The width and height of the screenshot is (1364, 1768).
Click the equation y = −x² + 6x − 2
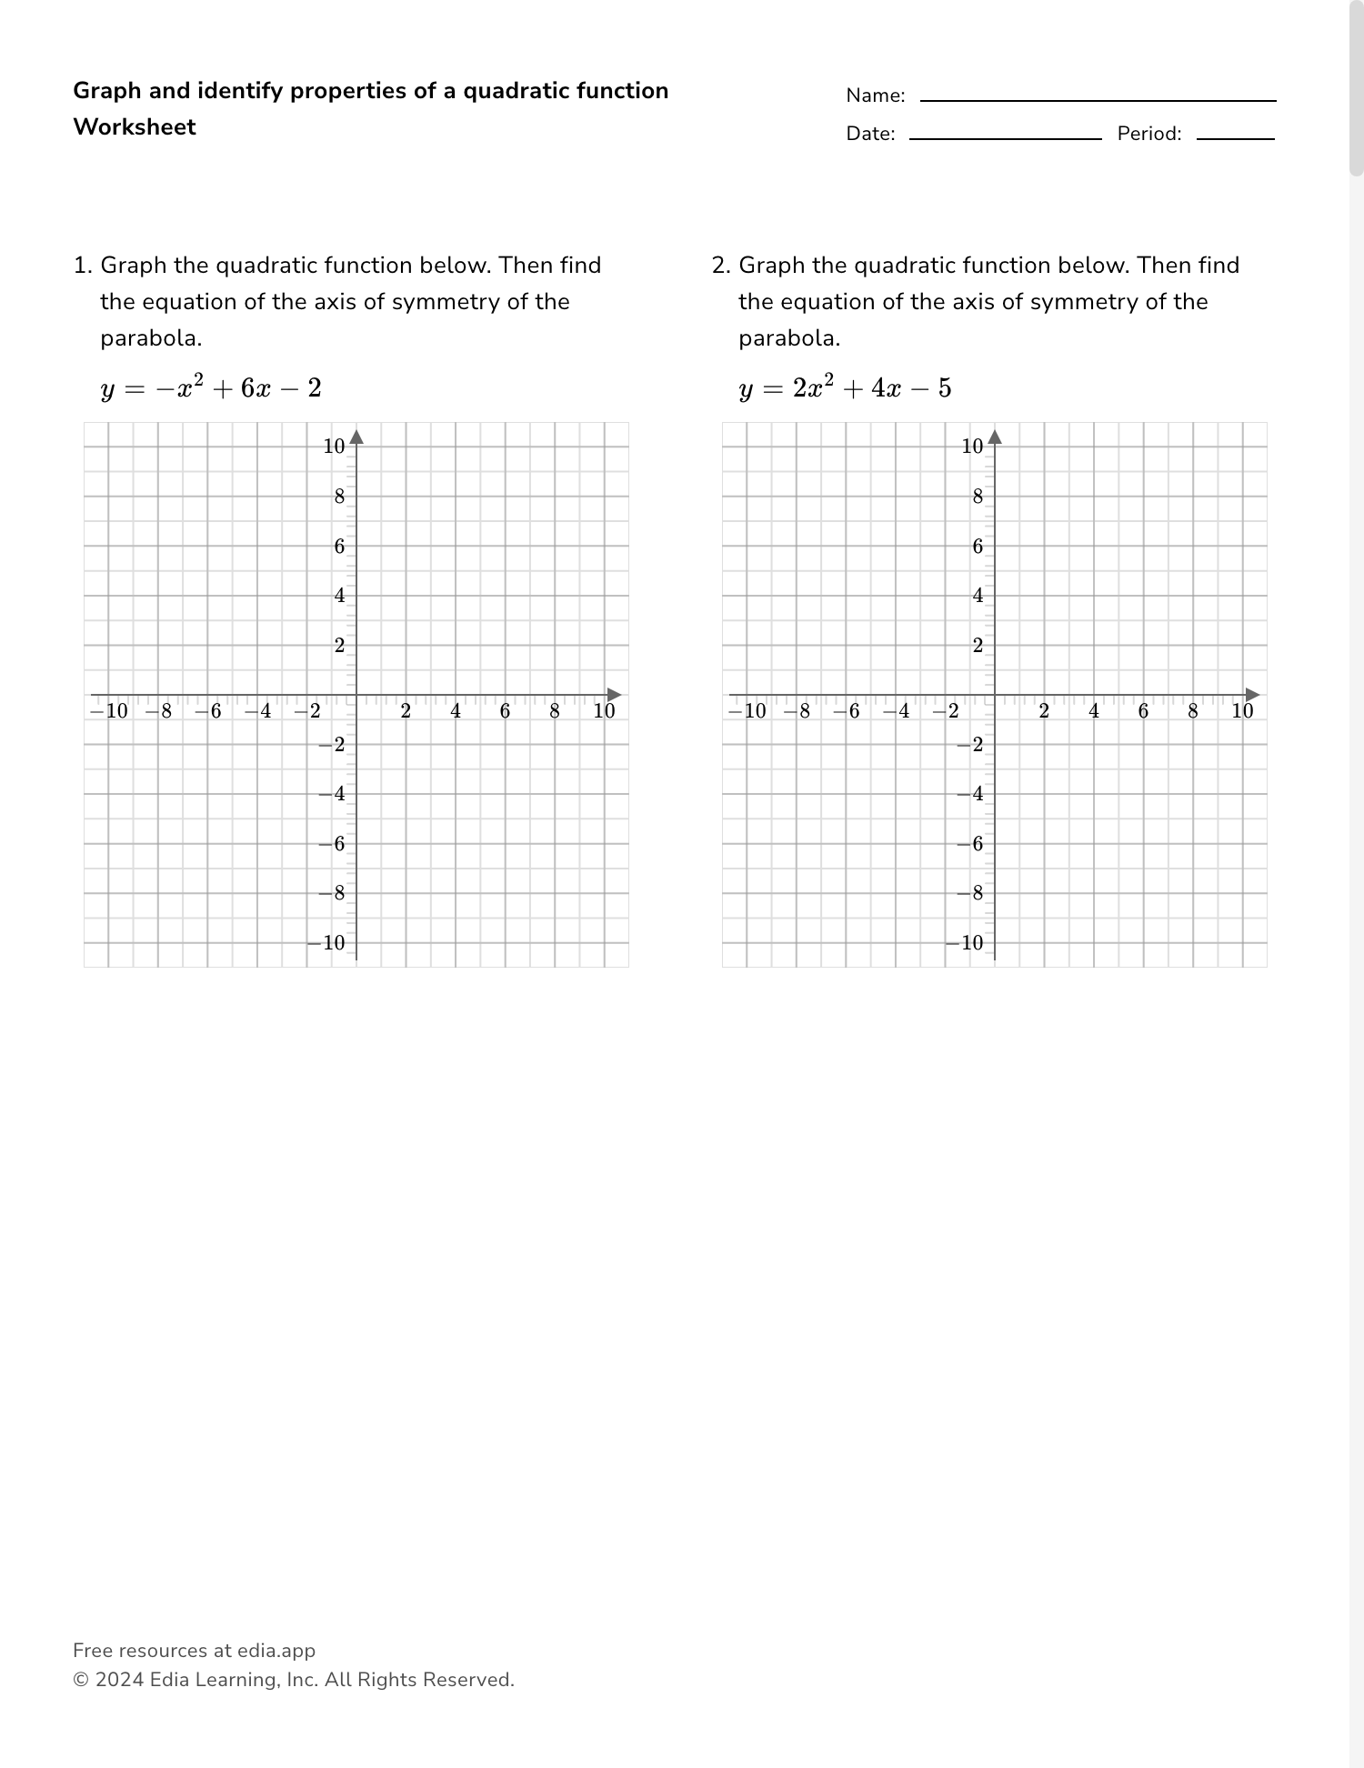[211, 388]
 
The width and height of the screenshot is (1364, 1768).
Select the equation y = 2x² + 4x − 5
[845, 388]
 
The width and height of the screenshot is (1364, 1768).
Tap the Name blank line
[1098, 100]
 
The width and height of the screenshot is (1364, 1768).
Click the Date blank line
[1005, 138]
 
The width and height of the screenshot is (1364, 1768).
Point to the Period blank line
[1235, 138]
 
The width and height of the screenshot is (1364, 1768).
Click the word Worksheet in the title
[135, 127]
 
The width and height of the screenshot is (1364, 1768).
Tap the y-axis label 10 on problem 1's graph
[334, 447]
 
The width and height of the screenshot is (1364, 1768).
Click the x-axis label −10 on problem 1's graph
[109, 711]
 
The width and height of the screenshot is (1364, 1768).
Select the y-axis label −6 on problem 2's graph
[969, 844]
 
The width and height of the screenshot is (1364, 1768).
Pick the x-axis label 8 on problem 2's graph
[1193, 711]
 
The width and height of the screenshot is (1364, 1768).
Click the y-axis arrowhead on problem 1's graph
[356, 437]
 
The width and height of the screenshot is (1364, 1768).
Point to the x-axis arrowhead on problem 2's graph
[1253, 695]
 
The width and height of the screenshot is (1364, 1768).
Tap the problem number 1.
[82, 266]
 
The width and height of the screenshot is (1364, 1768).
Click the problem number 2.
[720, 266]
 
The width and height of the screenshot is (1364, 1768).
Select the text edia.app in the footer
[276, 1651]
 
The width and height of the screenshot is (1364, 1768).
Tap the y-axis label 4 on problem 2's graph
[978, 596]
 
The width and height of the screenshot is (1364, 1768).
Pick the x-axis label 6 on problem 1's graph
[505, 711]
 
